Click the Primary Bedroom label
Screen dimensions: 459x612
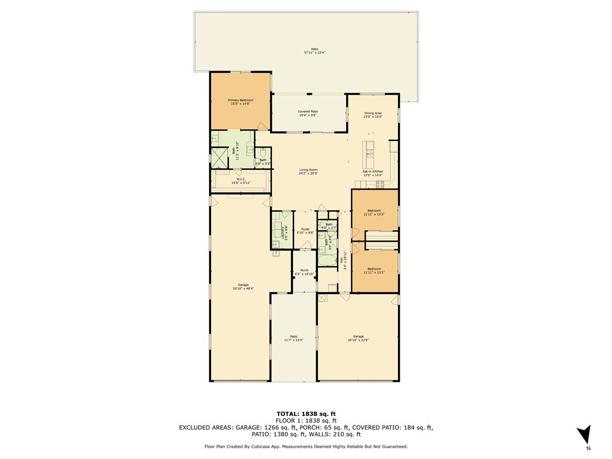(240, 102)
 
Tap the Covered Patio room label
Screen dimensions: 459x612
(308, 113)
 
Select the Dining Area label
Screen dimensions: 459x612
(373, 115)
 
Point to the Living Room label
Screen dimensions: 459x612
(308, 172)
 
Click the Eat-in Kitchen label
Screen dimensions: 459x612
(373, 173)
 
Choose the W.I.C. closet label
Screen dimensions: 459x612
(241, 180)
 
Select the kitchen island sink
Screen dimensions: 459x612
(369, 152)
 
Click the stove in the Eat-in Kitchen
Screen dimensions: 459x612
(380, 185)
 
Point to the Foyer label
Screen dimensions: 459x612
(305, 231)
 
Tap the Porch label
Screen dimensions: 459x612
(304, 272)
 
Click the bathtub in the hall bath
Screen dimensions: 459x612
(328, 260)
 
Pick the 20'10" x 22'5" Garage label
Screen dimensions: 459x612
(358, 338)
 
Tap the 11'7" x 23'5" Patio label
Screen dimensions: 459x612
(293, 338)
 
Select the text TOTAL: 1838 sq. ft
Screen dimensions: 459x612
(305, 414)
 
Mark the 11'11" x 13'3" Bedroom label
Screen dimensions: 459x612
(374, 212)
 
